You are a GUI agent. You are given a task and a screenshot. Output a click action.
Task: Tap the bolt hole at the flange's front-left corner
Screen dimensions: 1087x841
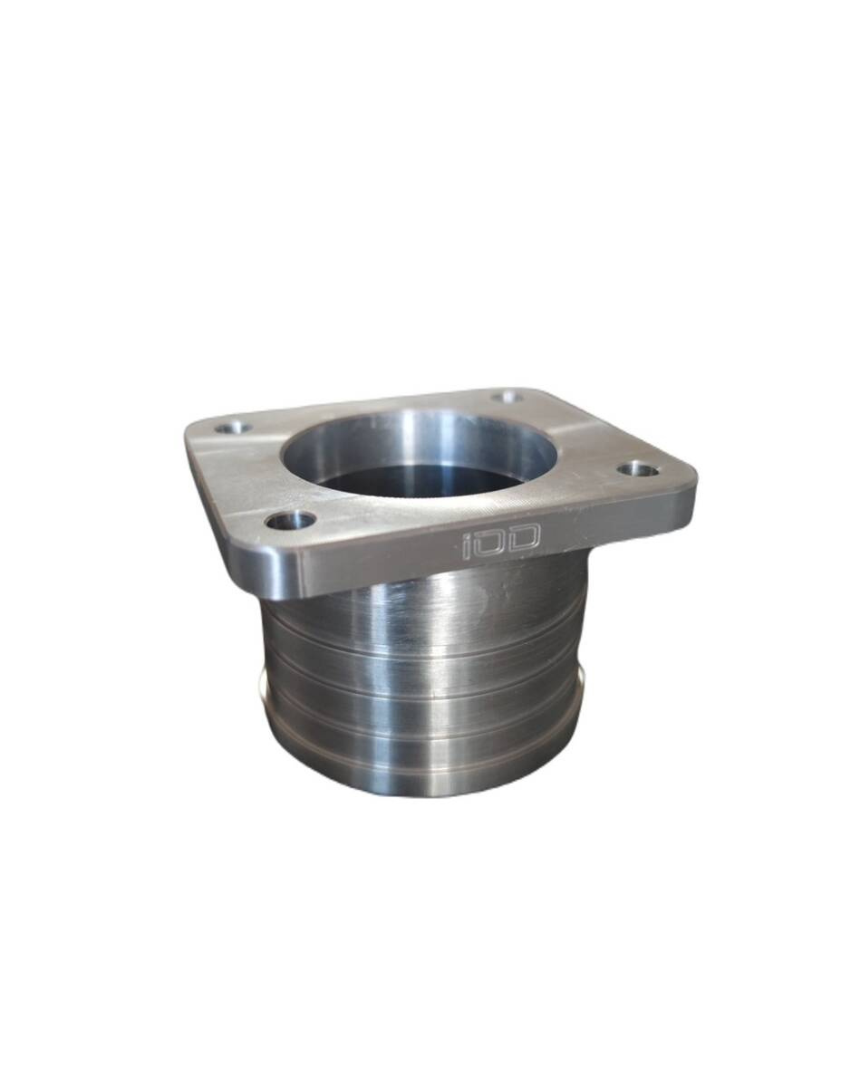pos(292,521)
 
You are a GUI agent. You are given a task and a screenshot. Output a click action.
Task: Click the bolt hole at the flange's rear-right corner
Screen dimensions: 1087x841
pos(508,397)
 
